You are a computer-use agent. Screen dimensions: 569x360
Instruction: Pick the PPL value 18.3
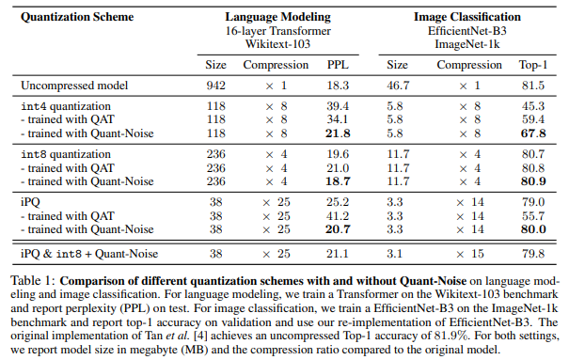[336, 86]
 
